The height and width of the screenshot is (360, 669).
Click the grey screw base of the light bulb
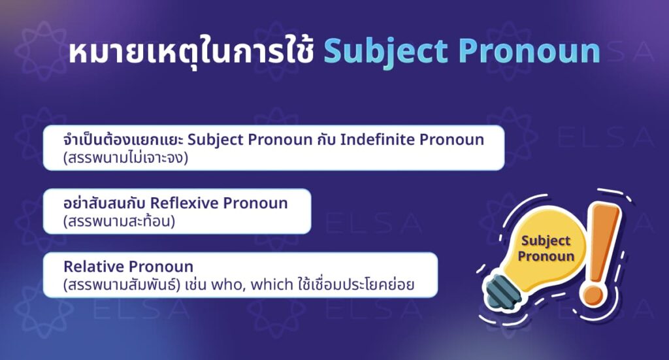coord(504,289)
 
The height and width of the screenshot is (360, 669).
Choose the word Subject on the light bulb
coord(546,241)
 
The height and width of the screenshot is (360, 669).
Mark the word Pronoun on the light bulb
coord(546,256)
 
